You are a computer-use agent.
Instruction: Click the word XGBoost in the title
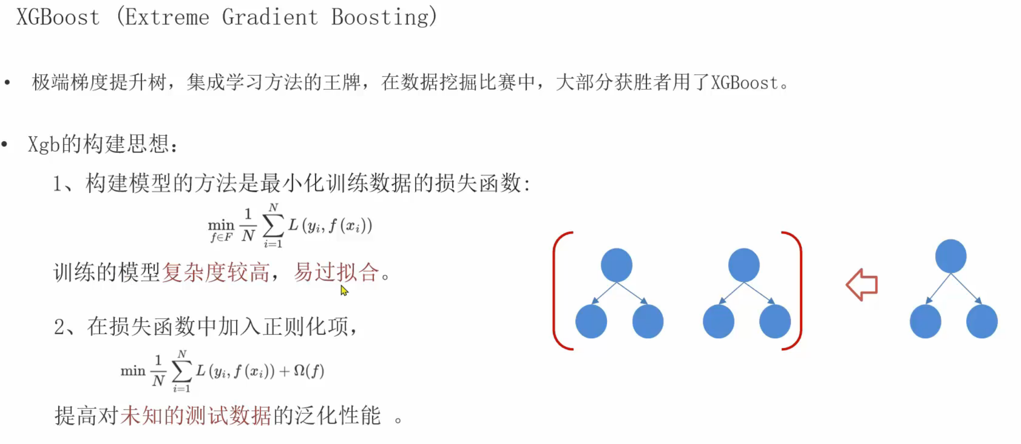click(x=58, y=18)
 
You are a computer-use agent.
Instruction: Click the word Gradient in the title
click(x=270, y=18)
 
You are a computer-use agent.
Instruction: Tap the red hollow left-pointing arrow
click(x=862, y=285)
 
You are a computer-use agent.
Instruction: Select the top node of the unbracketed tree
click(x=950, y=256)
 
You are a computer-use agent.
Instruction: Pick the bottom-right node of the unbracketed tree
click(x=982, y=322)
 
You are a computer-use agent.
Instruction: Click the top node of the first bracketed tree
click(x=616, y=265)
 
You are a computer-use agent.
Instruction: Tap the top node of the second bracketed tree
click(x=744, y=265)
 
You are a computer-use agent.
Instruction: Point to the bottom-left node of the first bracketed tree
click(x=591, y=322)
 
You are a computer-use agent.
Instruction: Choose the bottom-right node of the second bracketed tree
click(x=775, y=322)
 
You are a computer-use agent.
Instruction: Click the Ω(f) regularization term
click(x=309, y=371)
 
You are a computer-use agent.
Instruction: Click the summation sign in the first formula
click(x=273, y=225)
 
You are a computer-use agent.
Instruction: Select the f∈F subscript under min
click(x=221, y=237)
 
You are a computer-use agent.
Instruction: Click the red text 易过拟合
click(x=336, y=272)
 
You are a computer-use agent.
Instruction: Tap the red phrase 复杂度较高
click(x=215, y=272)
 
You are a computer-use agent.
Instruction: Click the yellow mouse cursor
click(x=344, y=290)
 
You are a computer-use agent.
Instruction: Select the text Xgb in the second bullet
click(x=44, y=144)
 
